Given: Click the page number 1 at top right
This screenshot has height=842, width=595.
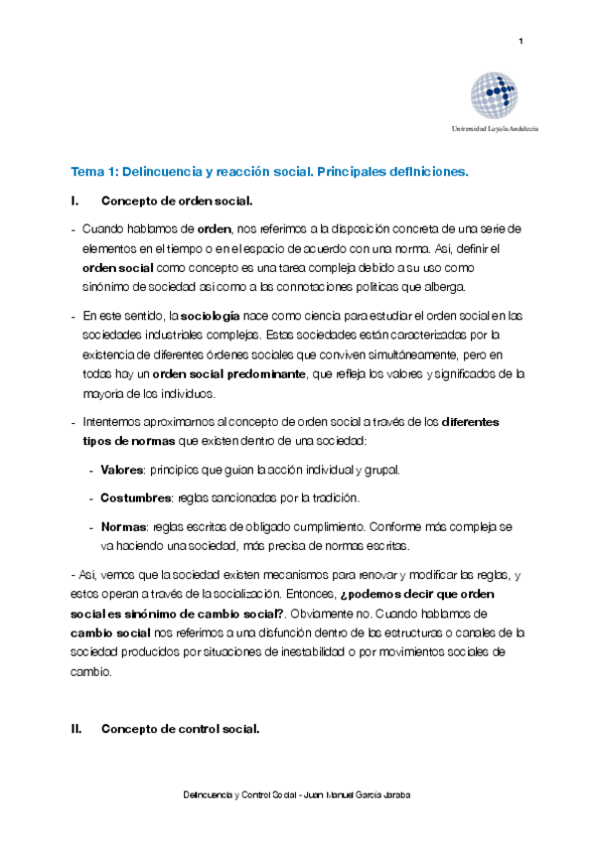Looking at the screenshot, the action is click(x=521, y=41).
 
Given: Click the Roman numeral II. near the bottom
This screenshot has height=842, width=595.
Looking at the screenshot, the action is click(x=75, y=729).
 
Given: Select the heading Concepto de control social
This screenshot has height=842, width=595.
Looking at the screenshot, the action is click(x=180, y=729).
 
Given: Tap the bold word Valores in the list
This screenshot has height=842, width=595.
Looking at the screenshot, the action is click(x=122, y=469).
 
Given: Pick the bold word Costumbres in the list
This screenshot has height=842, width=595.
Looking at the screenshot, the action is click(x=136, y=496).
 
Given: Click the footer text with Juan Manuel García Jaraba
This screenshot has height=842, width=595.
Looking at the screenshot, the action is click(x=297, y=795).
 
